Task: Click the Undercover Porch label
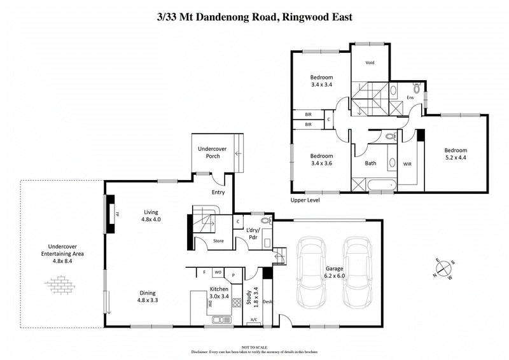tap(213, 152)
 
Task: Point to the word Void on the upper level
tap(370, 63)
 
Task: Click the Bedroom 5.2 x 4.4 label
tap(456, 154)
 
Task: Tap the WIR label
tap(408, 163)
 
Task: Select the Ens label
tap(410, 97)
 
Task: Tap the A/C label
tap(253, 319)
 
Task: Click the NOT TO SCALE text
tap(254, 345)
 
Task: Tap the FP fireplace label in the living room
tap(118, 215)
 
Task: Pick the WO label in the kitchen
tap(218, 272)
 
